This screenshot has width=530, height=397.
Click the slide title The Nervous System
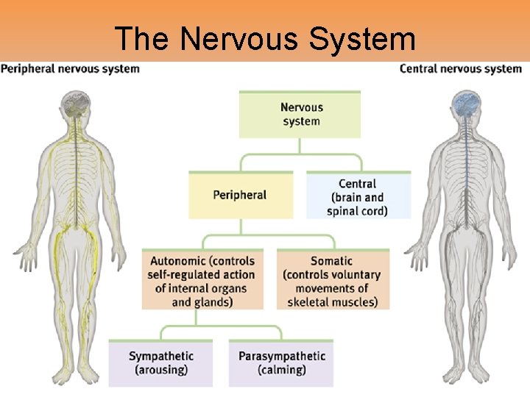[265, 38]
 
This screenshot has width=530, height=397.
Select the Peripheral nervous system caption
[71, 69]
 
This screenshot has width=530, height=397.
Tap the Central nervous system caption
[461, 69]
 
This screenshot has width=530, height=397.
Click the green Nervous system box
[300, 115]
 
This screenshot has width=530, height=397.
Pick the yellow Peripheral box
[240, 196]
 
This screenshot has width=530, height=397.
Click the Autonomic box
[202, 281]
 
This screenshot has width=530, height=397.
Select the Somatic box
[332, 281]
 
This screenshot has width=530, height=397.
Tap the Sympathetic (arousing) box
[160, 363]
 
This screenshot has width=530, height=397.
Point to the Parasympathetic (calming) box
[281, 363]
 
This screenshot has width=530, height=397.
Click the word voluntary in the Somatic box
[355, 274]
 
